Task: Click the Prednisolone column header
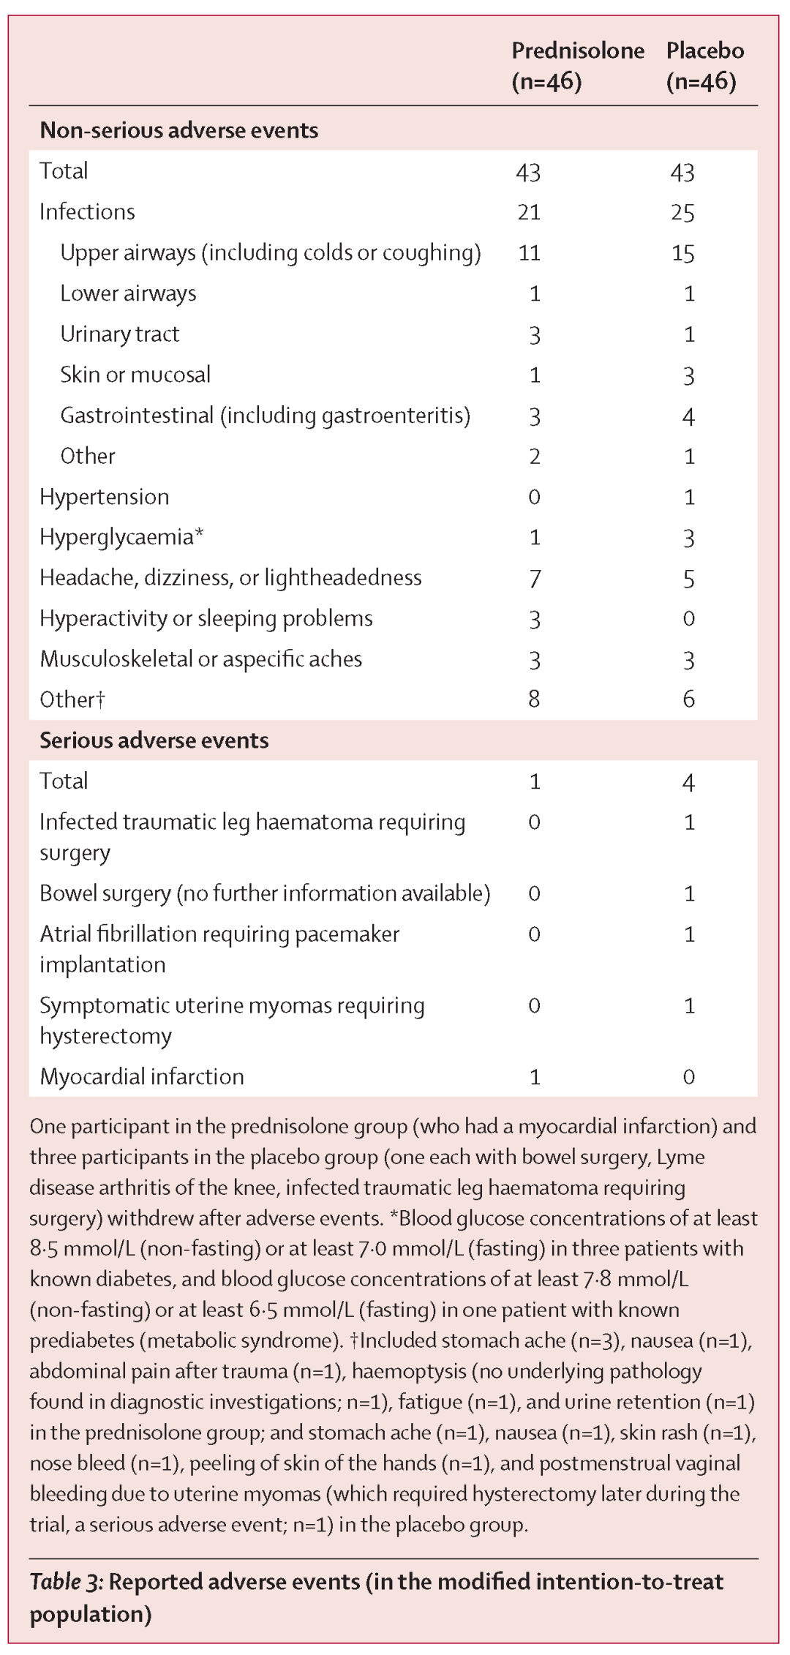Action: coord(577,66)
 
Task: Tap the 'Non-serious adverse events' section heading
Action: coord(179,130)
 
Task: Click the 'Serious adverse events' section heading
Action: coord(154,740)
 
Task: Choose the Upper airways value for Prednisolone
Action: coord(529,253)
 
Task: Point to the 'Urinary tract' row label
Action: coord(120,334)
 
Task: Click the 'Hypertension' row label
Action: coord(105,497)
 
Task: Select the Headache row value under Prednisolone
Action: coord(535,579)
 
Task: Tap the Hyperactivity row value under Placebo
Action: coord(688,619)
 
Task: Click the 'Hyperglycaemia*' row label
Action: coord(121,538)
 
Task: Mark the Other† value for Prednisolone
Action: coord(534,699)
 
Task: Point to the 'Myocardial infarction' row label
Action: coord(142,1076)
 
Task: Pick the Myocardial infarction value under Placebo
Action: coord(688,1077)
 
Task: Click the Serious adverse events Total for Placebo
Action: coord(688,782)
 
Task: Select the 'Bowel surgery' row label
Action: coord(265,893)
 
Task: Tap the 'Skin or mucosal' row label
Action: coord(135,375)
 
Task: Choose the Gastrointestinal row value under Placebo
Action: coord(688,416)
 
